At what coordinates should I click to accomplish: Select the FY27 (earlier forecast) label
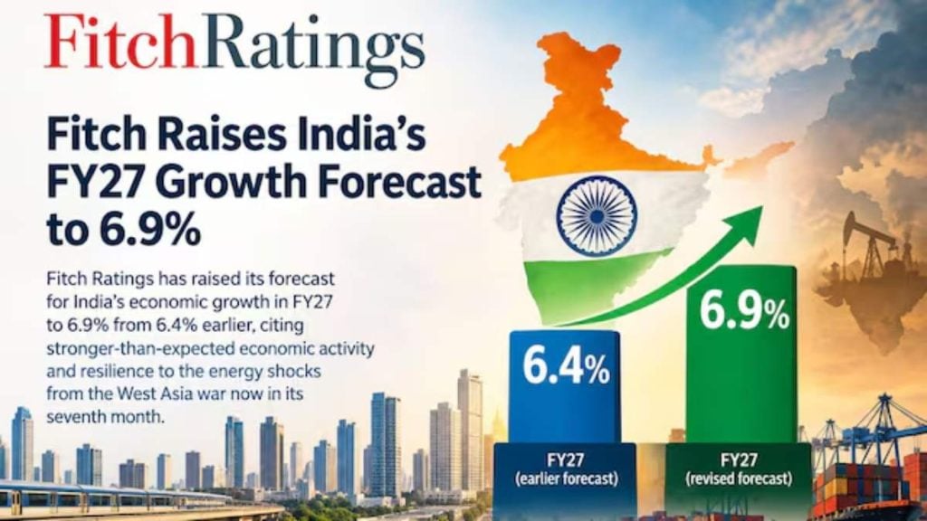pyautogui.click(x=567, y=469)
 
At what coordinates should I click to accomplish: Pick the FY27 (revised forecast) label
pyautogui.click(x=739, y=469)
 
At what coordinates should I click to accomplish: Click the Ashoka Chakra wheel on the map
pyautogui.click(x=597, y=216)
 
